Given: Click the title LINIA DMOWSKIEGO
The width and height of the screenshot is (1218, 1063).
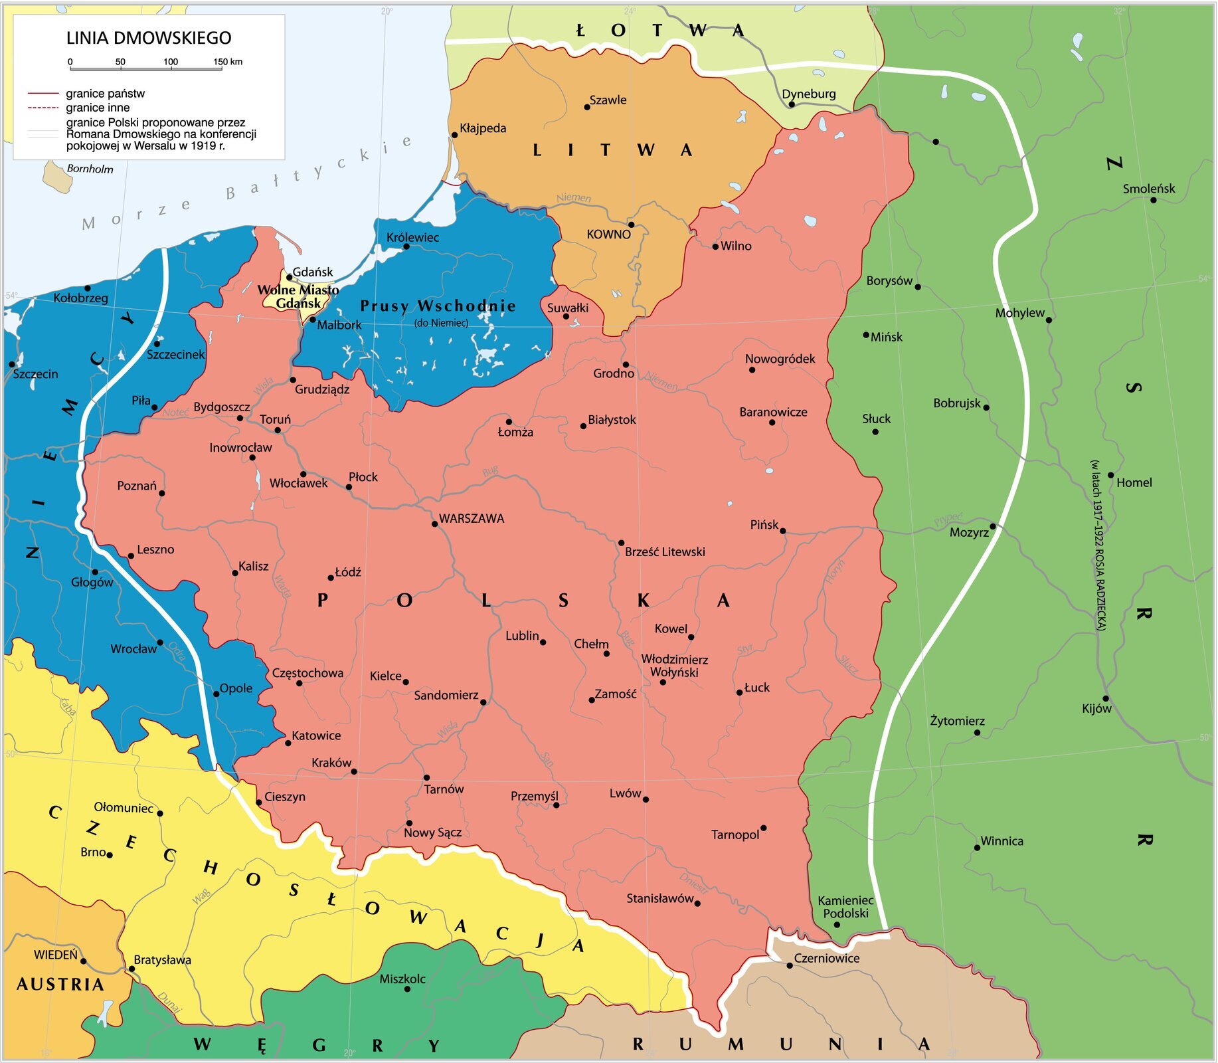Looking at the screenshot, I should (149, 38).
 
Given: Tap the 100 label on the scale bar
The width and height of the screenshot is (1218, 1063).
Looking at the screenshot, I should (171, 62).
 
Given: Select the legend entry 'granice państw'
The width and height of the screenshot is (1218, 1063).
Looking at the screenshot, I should (105, 94).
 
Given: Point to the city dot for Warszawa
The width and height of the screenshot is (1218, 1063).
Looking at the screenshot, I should (435, 524).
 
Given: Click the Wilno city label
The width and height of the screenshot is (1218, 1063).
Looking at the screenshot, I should (736, 246).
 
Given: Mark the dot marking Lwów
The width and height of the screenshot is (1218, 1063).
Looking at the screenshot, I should (646, 799).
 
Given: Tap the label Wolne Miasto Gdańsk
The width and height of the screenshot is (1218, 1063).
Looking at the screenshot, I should (298, 296).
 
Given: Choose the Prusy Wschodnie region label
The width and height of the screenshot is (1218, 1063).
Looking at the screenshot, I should (438, 306).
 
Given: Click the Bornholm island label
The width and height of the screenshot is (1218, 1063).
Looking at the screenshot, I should (90, 169).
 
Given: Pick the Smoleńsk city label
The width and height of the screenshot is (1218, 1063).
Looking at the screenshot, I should (1148, 189).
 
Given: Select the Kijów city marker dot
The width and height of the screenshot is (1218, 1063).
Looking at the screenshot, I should (1106, 698).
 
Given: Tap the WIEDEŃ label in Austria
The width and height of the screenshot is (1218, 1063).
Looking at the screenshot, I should (56, 955).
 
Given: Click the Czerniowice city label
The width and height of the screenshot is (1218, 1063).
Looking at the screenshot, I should (827, 958).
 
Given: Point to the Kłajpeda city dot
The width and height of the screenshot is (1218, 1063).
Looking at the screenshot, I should (455, 135).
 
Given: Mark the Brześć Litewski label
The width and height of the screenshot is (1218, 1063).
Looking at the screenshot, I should (665, 551).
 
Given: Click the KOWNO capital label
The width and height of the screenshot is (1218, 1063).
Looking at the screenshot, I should (608, 234).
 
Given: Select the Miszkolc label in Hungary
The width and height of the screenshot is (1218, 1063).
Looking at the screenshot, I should (402, 979).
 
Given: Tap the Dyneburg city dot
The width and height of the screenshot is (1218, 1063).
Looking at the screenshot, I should (791, 104).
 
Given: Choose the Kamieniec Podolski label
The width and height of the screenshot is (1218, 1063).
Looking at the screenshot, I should (845, 907).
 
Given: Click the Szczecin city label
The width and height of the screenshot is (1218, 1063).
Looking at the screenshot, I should (36, 374).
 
